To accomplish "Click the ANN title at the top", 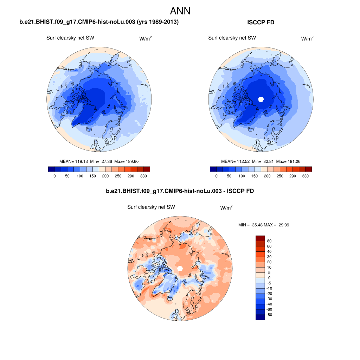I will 180,11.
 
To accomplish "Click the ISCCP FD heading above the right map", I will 261,22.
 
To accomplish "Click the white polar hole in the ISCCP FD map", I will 261,99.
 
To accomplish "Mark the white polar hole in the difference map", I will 180,269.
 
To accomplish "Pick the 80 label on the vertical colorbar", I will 269,241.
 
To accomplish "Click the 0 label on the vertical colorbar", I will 269,278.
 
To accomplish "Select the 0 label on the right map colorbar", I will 216,176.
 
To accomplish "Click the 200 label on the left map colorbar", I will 105,176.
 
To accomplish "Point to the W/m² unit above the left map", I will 146,39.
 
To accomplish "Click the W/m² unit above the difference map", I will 226,208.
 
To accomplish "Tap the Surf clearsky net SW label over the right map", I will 232,38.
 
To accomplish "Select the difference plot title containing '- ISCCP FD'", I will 180,191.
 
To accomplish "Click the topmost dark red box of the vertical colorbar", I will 260,238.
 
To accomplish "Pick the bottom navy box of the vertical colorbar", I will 260,317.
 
